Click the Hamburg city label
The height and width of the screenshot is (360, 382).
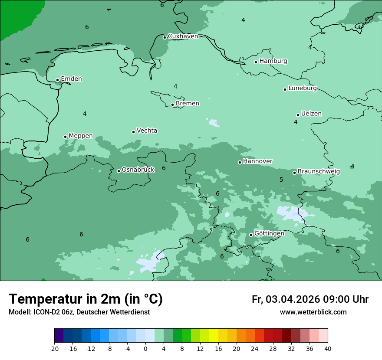(273, 61)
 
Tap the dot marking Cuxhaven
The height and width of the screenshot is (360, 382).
(165, 37)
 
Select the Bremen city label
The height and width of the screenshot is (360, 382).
(187, 104)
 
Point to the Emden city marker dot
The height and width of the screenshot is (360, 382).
(57, 80)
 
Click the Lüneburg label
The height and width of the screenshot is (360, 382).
(302, 88)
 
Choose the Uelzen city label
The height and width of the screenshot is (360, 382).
(311, 114)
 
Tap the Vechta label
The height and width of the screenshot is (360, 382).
(147, 131)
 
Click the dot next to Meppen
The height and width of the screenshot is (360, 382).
(65, 137)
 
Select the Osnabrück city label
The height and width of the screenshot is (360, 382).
(138, 170)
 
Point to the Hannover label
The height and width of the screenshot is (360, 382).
(257, 161)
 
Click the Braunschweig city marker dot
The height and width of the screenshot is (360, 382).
(294, 173)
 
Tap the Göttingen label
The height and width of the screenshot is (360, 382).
(269, 234)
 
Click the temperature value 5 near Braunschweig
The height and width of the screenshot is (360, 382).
(281, 180)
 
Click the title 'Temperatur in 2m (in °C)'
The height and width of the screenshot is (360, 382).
(86, 299)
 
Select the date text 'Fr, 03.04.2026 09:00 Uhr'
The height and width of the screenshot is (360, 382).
(310, 300)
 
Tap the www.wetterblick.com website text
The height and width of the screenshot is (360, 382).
(313, 312)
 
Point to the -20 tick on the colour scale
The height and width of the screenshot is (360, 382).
(54, 349)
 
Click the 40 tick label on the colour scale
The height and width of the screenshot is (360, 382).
(328, 349)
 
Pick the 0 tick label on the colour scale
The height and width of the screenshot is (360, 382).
(145, 349)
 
